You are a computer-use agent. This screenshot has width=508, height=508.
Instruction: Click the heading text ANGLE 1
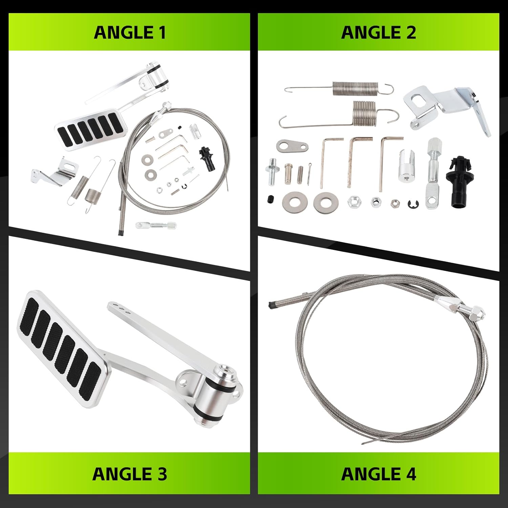coord(130,33)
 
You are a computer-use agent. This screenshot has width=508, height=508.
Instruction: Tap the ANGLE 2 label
coord(378,33)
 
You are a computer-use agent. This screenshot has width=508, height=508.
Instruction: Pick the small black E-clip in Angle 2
coord(414,204)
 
